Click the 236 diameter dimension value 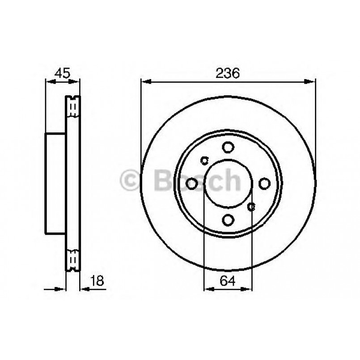tap(228, 72)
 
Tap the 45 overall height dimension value tap(62, 72)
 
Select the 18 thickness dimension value tap(97, 280)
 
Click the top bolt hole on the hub tap(228, 147)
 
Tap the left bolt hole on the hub tap(192, 183)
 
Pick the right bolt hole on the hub tap(264, 183)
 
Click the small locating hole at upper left tap(205, 160)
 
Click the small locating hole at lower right tap(251, 206)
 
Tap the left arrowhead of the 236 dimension tap(146, 81)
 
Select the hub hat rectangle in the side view tap(56, 183)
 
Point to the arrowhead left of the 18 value tap(61, 288)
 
